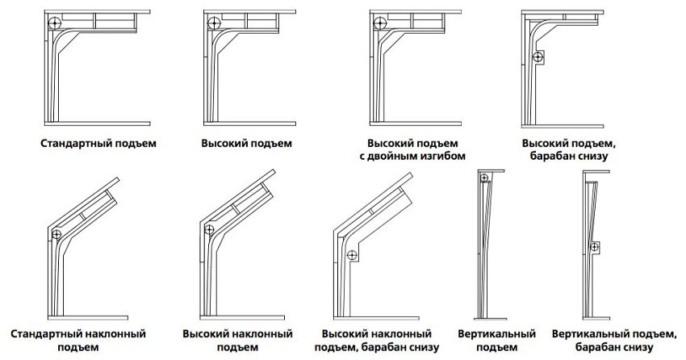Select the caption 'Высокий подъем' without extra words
246,144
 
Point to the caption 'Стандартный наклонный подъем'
79,340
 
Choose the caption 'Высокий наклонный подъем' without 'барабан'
236,340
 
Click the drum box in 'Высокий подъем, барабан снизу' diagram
538,56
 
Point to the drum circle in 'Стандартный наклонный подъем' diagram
56,234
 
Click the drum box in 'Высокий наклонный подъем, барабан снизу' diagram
353,256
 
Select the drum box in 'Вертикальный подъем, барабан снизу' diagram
598,247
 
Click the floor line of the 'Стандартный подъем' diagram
98,123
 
